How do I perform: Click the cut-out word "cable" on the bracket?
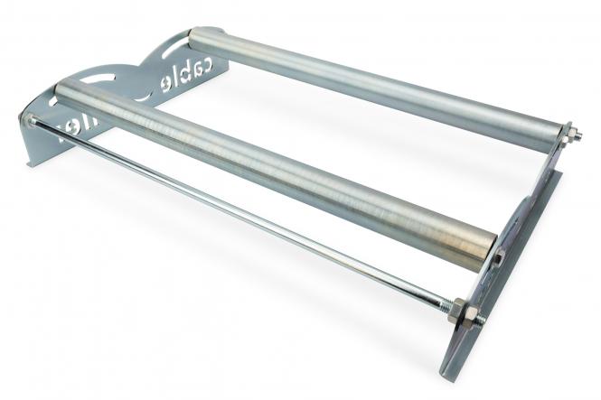point(185,73)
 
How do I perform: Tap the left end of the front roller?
point(61,90)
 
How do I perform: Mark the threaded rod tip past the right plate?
point(481,319)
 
